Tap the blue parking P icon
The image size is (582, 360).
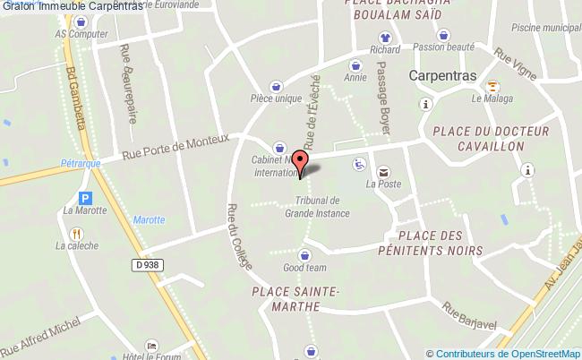86,198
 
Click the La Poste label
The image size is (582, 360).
382,185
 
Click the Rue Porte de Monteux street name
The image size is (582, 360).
176,148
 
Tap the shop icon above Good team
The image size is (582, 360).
304,254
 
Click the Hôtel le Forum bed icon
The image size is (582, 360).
150,345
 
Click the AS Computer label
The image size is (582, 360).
75,34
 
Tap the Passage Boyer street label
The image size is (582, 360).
384,98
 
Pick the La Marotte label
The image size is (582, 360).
85,211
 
